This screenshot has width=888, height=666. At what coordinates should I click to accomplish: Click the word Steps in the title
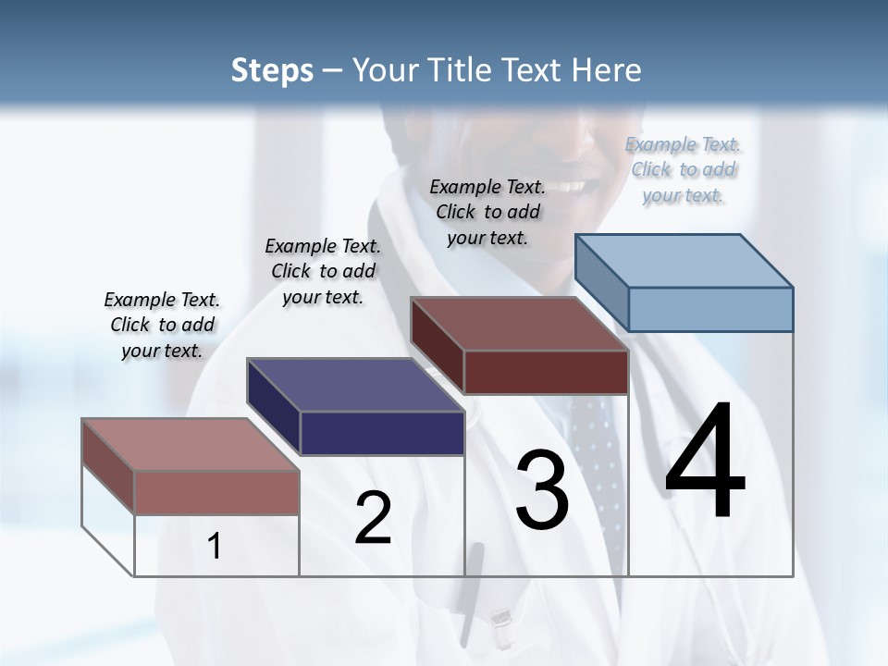[272, 70]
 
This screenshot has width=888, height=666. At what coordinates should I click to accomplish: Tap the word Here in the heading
[607, 70]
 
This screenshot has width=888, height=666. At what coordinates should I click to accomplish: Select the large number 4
[705, 462]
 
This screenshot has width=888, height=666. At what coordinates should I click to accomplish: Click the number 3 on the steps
[542, 490]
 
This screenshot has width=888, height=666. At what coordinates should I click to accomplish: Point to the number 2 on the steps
[374, 518]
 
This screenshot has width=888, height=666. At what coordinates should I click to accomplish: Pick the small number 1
[215, 547]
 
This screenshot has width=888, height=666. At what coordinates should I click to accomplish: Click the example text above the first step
[162, 325]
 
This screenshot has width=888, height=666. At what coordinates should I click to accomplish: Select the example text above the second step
[323, 271]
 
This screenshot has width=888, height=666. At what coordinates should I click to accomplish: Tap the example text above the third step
[487, 212]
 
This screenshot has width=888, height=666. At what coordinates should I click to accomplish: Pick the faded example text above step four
[684, 169]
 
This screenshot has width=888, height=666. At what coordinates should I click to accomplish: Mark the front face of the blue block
[710, 309]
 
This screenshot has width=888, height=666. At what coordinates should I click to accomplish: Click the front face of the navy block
[382, 433]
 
